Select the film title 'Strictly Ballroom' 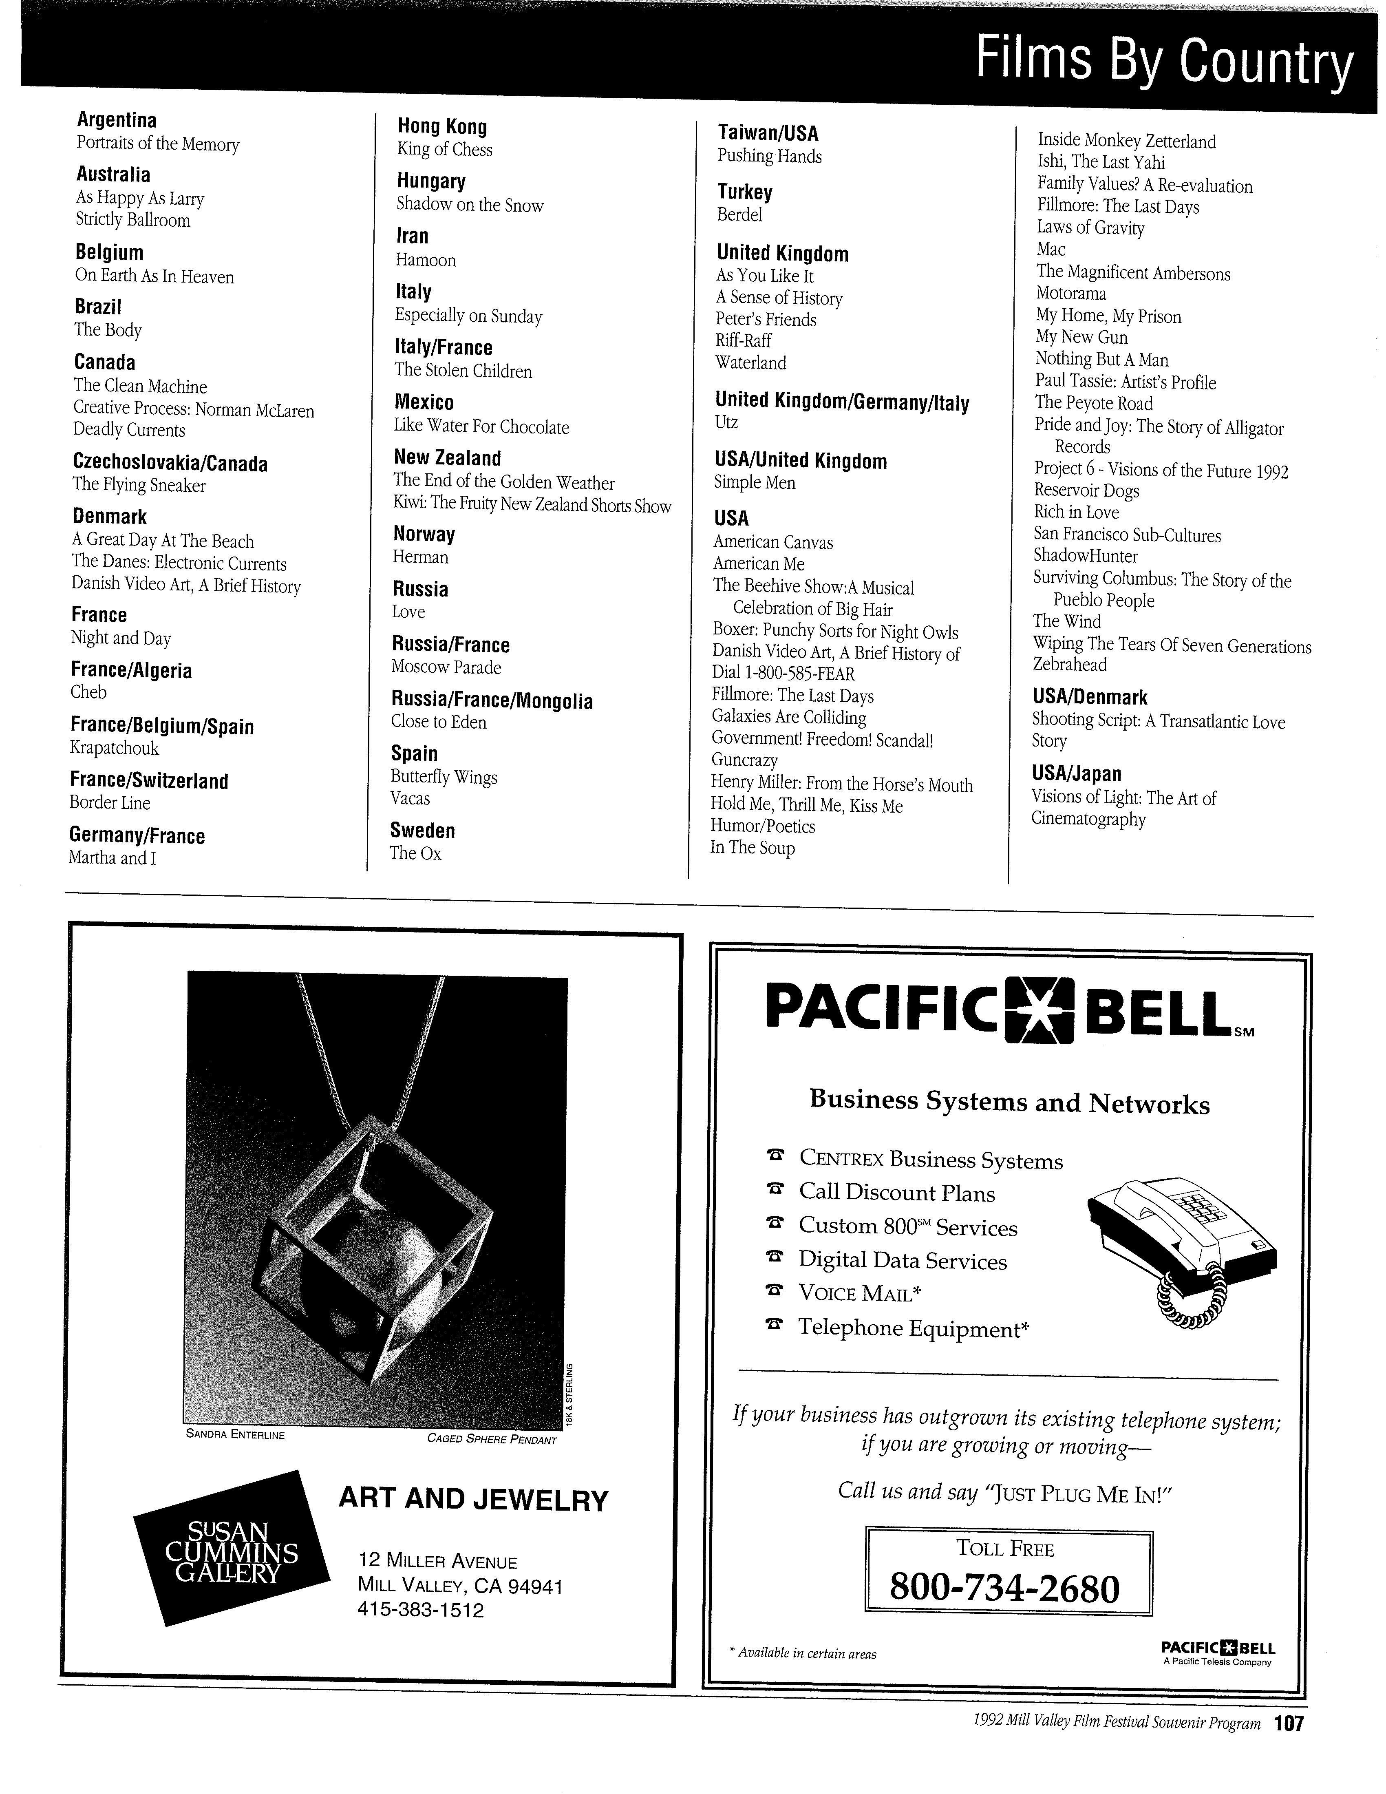point(133,220)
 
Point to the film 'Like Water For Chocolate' point(481,426)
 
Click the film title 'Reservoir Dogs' point(1086,491)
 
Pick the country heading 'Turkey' point(745,192)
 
